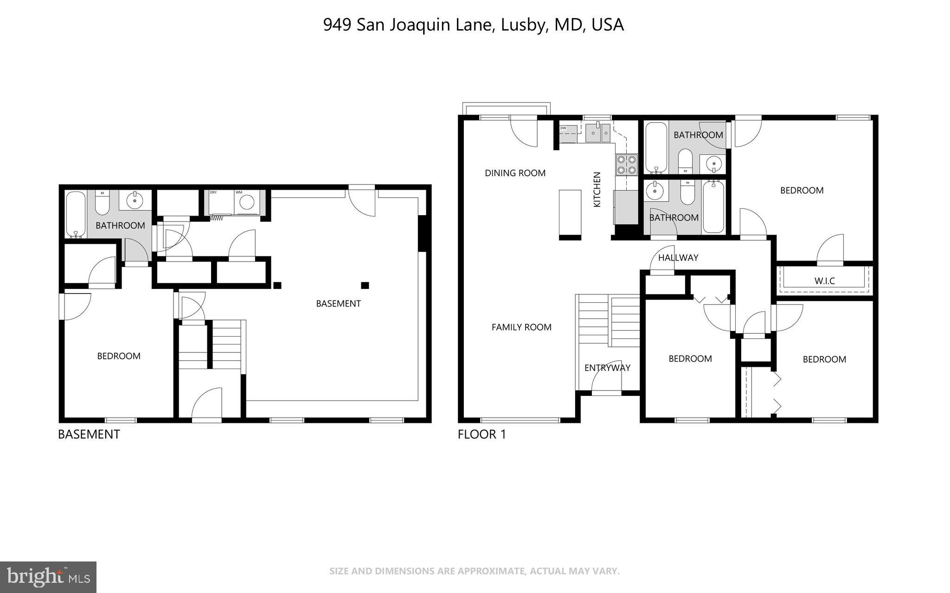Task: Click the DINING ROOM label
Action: pos(515,173)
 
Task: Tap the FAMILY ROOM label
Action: pos(521,327)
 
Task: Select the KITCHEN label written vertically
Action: pos(597,189)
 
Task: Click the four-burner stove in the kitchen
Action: pos(626,165)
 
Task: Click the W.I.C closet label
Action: pos(824,281)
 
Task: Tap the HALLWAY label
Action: pos(678,258)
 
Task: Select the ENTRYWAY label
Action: pos(607,368)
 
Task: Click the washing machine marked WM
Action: pos(247,202)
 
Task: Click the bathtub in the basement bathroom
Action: pos(76,214)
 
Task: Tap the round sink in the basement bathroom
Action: pos(135,200)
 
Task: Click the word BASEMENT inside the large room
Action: pos(338,304)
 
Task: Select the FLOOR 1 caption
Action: pos(481,434)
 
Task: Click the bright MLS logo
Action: pos(48,577)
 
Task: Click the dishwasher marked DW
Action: pos(568,134)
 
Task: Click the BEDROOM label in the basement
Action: pos(119,356)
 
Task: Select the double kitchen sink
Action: pos(598,134)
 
